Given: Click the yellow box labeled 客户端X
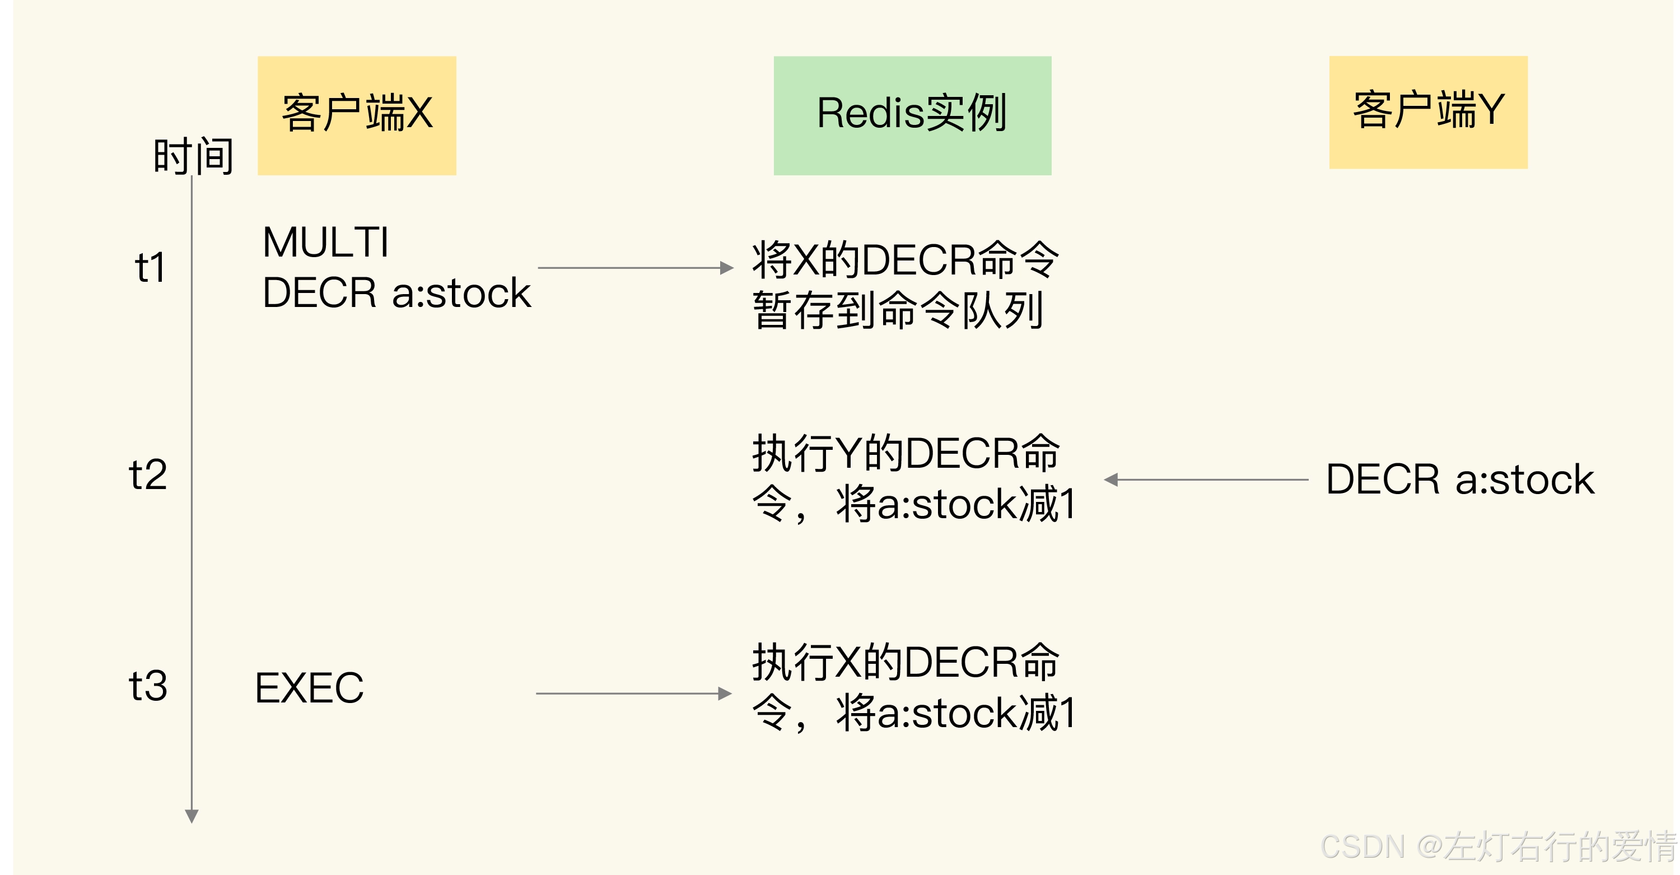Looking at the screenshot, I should point(357,115).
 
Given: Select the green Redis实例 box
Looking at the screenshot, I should point(912,115).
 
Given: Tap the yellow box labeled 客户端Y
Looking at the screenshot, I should point(1427,112).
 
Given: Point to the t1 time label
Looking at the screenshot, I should point(150,268).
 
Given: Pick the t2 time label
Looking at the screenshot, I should point(148,474).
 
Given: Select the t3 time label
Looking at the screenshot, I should point(148,686).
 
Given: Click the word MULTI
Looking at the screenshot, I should point(325,242).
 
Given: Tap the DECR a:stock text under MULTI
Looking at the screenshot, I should point(396,292).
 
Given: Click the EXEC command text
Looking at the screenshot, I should point(309,688).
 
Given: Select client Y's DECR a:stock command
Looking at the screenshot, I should point(1459,480).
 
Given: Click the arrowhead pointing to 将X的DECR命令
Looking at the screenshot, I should point(726,268).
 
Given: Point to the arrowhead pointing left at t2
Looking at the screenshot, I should point(1111,480).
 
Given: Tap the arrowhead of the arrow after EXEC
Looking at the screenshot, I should point(724,694).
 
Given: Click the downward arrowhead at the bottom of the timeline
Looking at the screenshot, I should point(192,816).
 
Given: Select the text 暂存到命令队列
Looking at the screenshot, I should point(897,310).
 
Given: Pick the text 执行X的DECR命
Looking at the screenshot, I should point(905,662).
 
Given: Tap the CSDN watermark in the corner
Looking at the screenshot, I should point(1497,846).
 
